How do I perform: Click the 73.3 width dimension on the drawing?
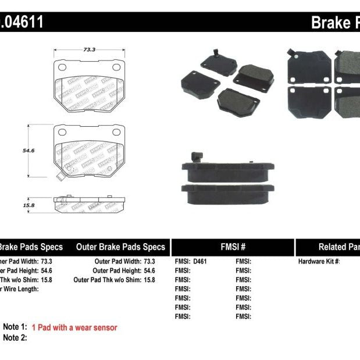[88, 51]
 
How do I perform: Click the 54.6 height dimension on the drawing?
[27, 150]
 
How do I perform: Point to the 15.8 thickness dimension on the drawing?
[28, 204]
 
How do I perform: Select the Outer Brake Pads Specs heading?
[120, 247]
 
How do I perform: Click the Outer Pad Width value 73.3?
[149, 262]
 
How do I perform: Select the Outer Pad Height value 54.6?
[149, 270]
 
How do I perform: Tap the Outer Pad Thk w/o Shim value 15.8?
[149, 280]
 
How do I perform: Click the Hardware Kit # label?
[319, 262]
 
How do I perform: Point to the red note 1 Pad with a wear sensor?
[74, 327]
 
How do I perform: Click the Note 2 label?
[15, 337]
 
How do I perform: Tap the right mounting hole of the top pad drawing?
[116, 68]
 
